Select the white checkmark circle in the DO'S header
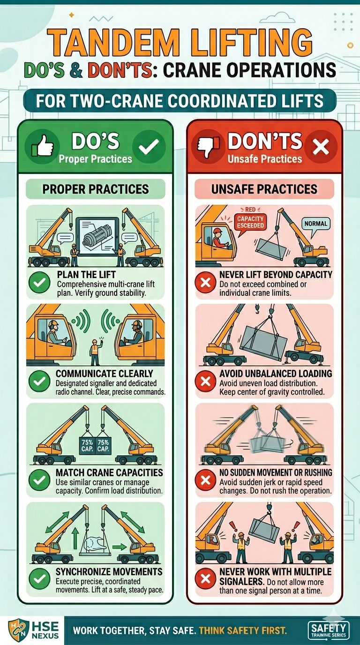(x=149, y=146)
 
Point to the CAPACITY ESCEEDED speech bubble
(x=250, y=222)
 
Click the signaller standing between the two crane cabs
(x=95, y=352)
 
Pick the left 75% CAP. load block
(x=87, y=445)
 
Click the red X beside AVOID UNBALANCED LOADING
(x=205, y=381)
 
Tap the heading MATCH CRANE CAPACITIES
(x=109, y=472)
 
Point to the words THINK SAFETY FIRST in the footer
(x=243, y=630)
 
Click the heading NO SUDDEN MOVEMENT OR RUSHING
(x=276, y=472)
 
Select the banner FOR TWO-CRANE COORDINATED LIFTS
(x=180, y=101)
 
